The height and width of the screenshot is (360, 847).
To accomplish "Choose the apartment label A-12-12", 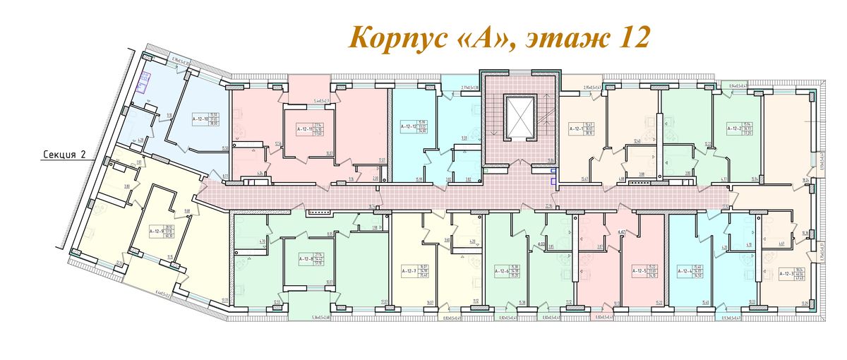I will pos(409,127).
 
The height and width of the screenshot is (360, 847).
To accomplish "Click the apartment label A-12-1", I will pos(578,129).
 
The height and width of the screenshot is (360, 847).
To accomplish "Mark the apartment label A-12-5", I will pos(640,270).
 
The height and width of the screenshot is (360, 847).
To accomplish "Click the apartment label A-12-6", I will pos(502,270).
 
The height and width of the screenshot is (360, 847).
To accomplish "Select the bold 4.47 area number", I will pos(623,232).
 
